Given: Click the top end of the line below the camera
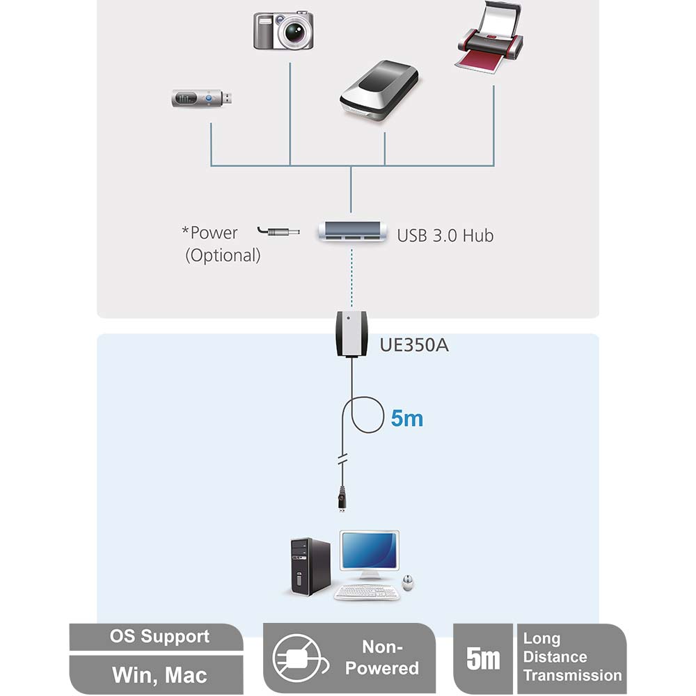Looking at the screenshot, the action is pyautogui.click(x=290, y=63).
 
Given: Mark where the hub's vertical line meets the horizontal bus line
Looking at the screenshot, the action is pyautogui.click(x=351, y=166).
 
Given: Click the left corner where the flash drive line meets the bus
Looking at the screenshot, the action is pyautogui.click(x=211, y=166).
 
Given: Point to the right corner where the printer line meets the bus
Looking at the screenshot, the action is pyautogui.click(x=493, y=166).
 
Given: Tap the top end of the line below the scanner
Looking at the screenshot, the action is pyautogui.click(x=384, y=132).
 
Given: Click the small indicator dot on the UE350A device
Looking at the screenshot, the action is pyautogui.click(x=348, y=318).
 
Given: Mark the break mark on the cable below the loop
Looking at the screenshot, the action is pyautogui.click(x=342, y=459).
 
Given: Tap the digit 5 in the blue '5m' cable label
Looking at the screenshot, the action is pyautogui.click(x=397, y=418).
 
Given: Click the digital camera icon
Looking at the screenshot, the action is pyautogui.click(x=284, y=31).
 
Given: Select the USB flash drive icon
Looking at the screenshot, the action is pyautogui.click(x=202, y=98).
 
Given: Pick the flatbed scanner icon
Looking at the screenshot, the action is pyautogui.click(x=379, y=90).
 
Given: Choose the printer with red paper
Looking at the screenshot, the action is pyautogui.click(x=489, y=38).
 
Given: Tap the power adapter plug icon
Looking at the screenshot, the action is pyautogui.click(x=278, y=231).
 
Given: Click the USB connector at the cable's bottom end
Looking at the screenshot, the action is pyautogui.click(x=342, y=499).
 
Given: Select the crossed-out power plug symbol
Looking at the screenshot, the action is pyautogui.click(x=297, y=658).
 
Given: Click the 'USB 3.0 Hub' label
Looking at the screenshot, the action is pyautogui.click(x=445, y=236).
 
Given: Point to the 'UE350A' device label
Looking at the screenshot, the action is pyautogui.click(x=414, y=345).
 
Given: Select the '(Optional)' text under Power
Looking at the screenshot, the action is pyautogui.click(x=223, y=255).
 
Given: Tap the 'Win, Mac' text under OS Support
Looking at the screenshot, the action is pyautogui.click(x=159, y=675).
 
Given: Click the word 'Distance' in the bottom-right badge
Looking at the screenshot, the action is pyautogui.click(x=555, y=657).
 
